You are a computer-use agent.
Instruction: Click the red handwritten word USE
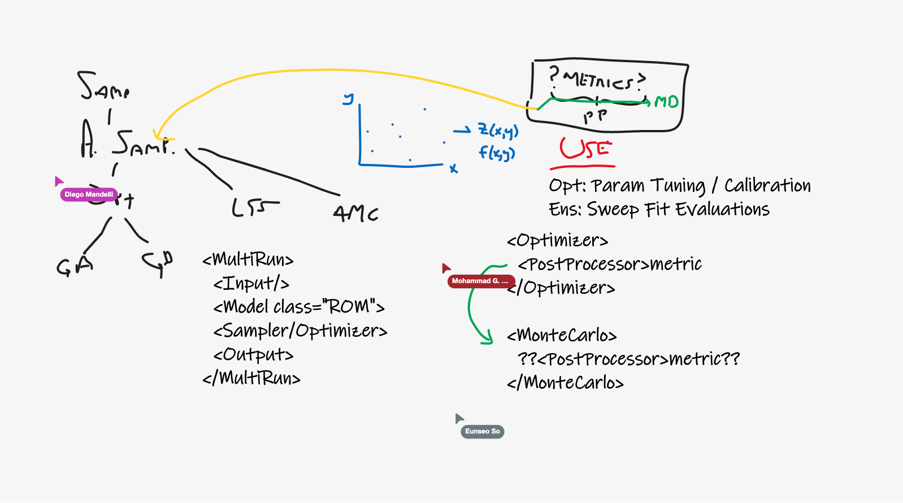(x=585, y=149)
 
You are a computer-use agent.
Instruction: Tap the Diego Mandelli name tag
(x=89, y=194)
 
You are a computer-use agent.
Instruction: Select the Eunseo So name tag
(x=482, y=431)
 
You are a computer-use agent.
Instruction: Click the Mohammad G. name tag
(x=480, y=281)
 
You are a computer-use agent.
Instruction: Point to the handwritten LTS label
(x=255, y=208)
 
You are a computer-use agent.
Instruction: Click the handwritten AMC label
(x=355, y=213)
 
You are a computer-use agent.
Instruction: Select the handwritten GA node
(x=74, y=266)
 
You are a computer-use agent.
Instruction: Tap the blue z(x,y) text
(x=498, y=131)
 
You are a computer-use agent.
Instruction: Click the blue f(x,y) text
(x=497, y=153)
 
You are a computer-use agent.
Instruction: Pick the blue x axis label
(x=453, y=168)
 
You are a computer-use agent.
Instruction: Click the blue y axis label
(x=349, y=99)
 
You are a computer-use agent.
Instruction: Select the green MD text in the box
(x=666, y=102)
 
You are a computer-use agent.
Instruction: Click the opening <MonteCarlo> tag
(x=562, y=335)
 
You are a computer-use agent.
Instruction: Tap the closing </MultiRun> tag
(x=251, y=378)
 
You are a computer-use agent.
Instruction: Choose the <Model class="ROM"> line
(x=299, y=307)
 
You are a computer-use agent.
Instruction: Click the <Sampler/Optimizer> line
(x=300, y=331)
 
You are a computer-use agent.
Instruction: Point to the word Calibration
(x=767, y=185)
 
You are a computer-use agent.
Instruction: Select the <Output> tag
(x=253, y=354)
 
